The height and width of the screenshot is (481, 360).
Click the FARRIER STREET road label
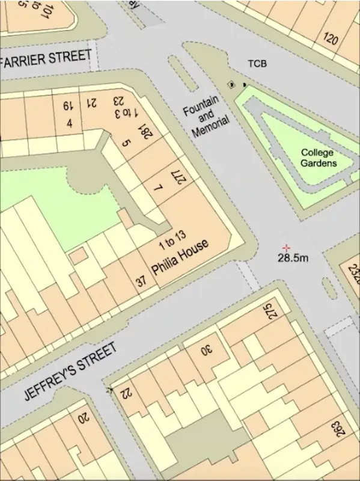click(48, 58)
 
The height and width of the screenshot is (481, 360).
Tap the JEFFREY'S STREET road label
click(70, 372)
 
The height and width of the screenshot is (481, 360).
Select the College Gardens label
click(319, 158)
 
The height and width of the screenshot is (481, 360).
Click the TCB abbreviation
click(257, 64)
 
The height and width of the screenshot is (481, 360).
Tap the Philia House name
click(180, 257)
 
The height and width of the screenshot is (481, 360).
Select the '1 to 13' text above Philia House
click(172, 239)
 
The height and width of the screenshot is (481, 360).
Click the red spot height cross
click(287, 248)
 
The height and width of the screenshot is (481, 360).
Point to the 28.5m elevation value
click(293, 258)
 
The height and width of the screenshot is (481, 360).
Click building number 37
click(141, 280)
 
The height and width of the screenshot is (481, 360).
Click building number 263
click(338, 431)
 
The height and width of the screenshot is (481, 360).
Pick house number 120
click(330, 39)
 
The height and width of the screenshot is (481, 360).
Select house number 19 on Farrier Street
click(66, 106)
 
